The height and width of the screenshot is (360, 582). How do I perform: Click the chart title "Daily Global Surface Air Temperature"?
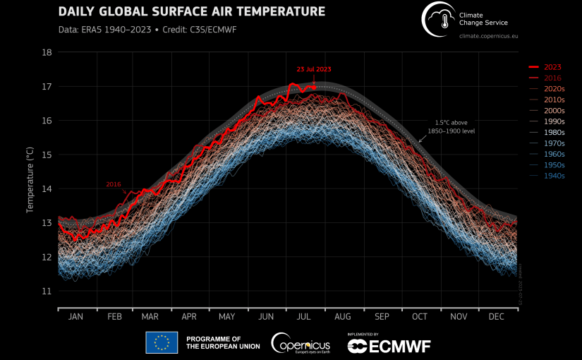pyautogui.click(x=191, y=12)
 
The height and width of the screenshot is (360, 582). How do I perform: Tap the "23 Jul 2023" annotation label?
pyautogui.click(x=313, y=69)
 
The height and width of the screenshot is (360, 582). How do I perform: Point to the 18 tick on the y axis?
pyautogui.click(x=47, y=52)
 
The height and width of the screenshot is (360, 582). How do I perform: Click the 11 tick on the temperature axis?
pyautogui.click(x=47, y=291)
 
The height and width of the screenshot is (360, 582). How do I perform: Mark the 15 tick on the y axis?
pyautogui.click(x=47, y=155)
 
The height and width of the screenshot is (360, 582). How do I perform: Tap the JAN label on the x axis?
pyautogui.click(x=76, y=318)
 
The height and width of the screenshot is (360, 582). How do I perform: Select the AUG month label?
pyautogui.click(x=343, y=318)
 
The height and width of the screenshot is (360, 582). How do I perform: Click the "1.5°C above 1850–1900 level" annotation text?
pyautogui.click(x=452, y=127)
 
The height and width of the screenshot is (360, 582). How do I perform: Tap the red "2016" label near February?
pyautogui.click(x=114, y=184)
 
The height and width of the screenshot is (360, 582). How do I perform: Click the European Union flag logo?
pyautogui.click(x=162, y=342)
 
